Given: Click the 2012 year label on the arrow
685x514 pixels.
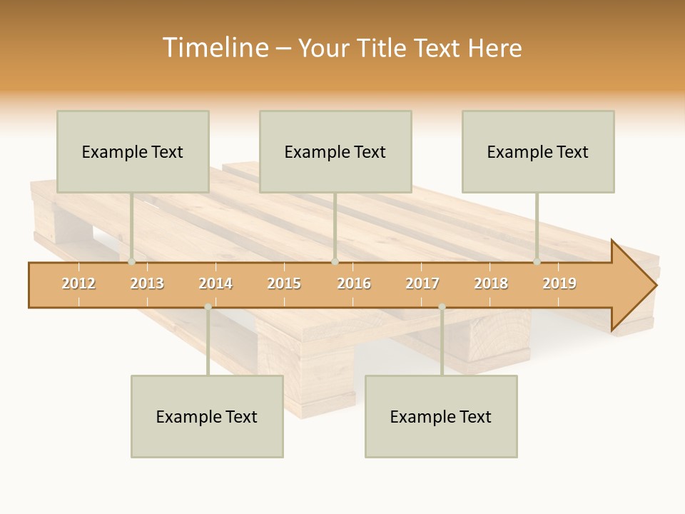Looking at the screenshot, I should point(78,283).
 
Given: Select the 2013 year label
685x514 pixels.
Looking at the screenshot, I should point(147,283).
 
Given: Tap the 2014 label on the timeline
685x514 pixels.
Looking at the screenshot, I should point(215,283).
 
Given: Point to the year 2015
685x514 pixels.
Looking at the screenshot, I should point(284,283).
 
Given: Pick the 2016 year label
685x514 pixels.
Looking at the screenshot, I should point(354,283).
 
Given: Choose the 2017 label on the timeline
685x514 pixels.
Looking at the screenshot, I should point(422,283).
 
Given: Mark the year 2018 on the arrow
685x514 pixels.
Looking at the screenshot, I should point(491,283).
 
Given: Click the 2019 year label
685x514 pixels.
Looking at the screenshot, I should point(559,283).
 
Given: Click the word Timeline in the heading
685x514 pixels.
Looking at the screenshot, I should point(214,48).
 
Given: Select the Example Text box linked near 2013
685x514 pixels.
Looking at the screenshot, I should point(133,151).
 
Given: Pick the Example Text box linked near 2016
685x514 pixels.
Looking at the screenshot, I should point(335,151).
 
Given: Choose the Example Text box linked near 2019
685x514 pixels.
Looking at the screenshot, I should point(538,151).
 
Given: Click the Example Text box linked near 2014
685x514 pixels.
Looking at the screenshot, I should point(207,416).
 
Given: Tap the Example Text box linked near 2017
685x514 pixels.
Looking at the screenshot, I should point(441,416).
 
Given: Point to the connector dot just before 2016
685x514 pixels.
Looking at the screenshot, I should point(335,262).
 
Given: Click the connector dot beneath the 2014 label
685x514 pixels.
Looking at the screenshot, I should point(208,307).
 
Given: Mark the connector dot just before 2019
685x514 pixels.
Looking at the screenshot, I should point(537,262).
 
